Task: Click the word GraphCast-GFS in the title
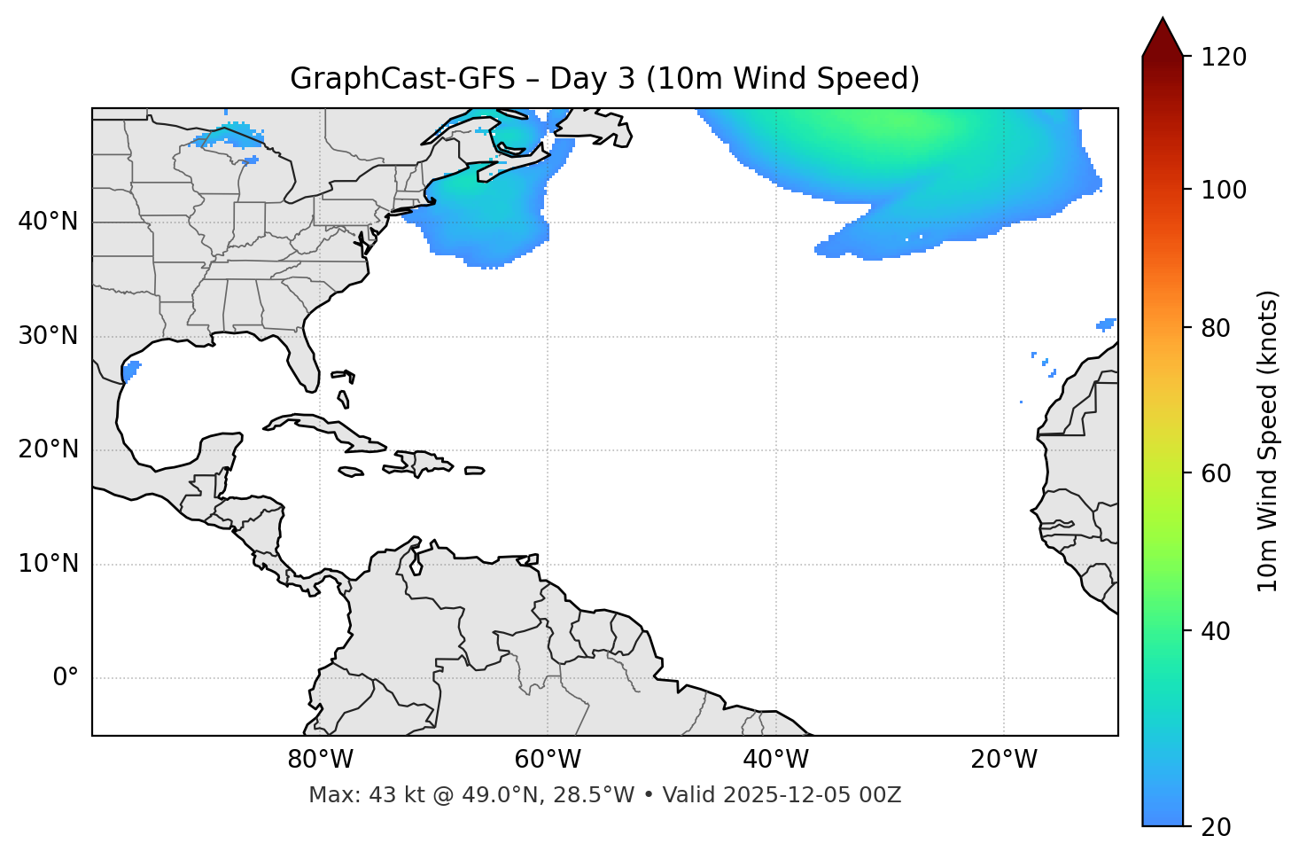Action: [402, 79]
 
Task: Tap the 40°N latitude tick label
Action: [48, 222]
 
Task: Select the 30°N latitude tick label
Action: [48, 336]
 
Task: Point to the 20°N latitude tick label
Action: [48, 449]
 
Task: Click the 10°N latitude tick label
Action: [48, 564]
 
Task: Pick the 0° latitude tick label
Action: [66, 678]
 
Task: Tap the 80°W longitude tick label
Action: [320, 760]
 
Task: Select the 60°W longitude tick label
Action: [548, 760]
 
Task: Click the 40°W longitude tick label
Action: [776, 760]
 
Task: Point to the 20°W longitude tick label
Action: [1004, 760]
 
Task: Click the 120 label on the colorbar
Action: [1223, 58]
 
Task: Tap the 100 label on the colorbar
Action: [1223, 190]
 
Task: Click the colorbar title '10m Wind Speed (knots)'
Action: [1268, 441]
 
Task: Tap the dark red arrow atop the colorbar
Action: [1163, 38]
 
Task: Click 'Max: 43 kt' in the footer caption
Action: [350, 795]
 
